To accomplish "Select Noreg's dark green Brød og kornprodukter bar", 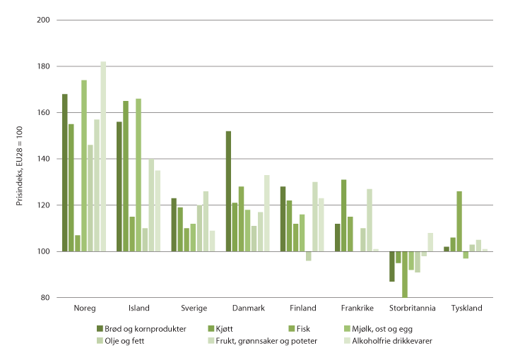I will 65,172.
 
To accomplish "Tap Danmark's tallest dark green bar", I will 228,191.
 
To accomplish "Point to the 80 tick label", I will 45,298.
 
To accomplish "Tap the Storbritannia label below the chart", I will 413,308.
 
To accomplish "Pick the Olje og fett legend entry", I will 126,342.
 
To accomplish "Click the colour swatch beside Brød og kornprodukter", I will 100,329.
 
